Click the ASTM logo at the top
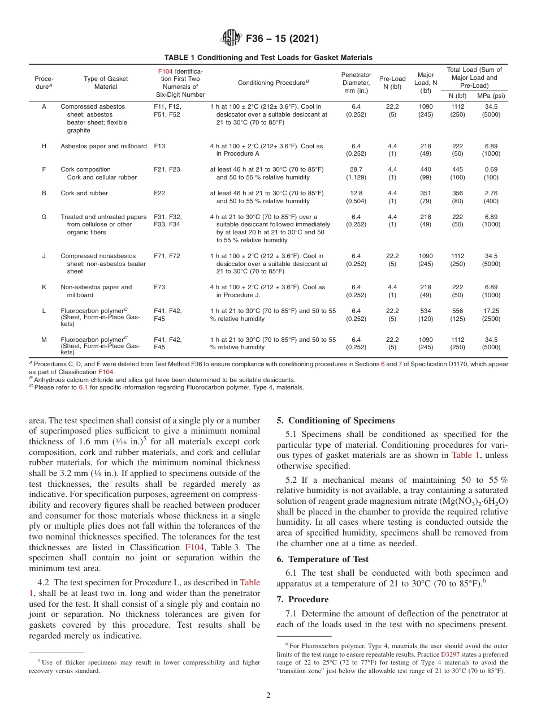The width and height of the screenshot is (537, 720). point(231,38)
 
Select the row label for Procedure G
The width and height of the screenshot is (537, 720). point(44,217)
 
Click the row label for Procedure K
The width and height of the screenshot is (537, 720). point(44,287)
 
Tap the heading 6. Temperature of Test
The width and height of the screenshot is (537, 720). point(322,559)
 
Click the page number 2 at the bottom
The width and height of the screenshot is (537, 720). point(268,696)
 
